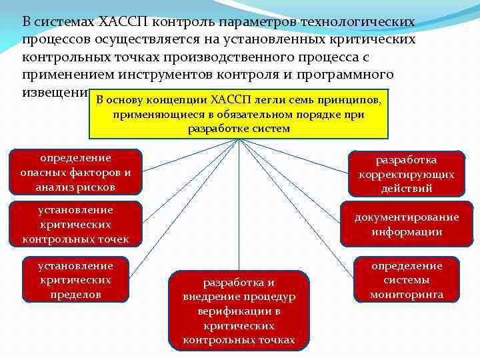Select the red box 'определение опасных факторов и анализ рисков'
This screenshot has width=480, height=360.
(75, 173)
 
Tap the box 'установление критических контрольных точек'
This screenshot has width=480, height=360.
(75, 223)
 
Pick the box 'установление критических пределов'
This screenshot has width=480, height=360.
(75, 279)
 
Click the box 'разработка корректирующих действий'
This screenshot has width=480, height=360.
(406, 174)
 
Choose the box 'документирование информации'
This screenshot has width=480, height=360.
(406, 224)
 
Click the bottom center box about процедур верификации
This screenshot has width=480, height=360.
(239, 310)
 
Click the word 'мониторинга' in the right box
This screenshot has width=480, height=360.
(406, 294)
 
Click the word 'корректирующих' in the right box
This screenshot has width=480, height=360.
(406, 175)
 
